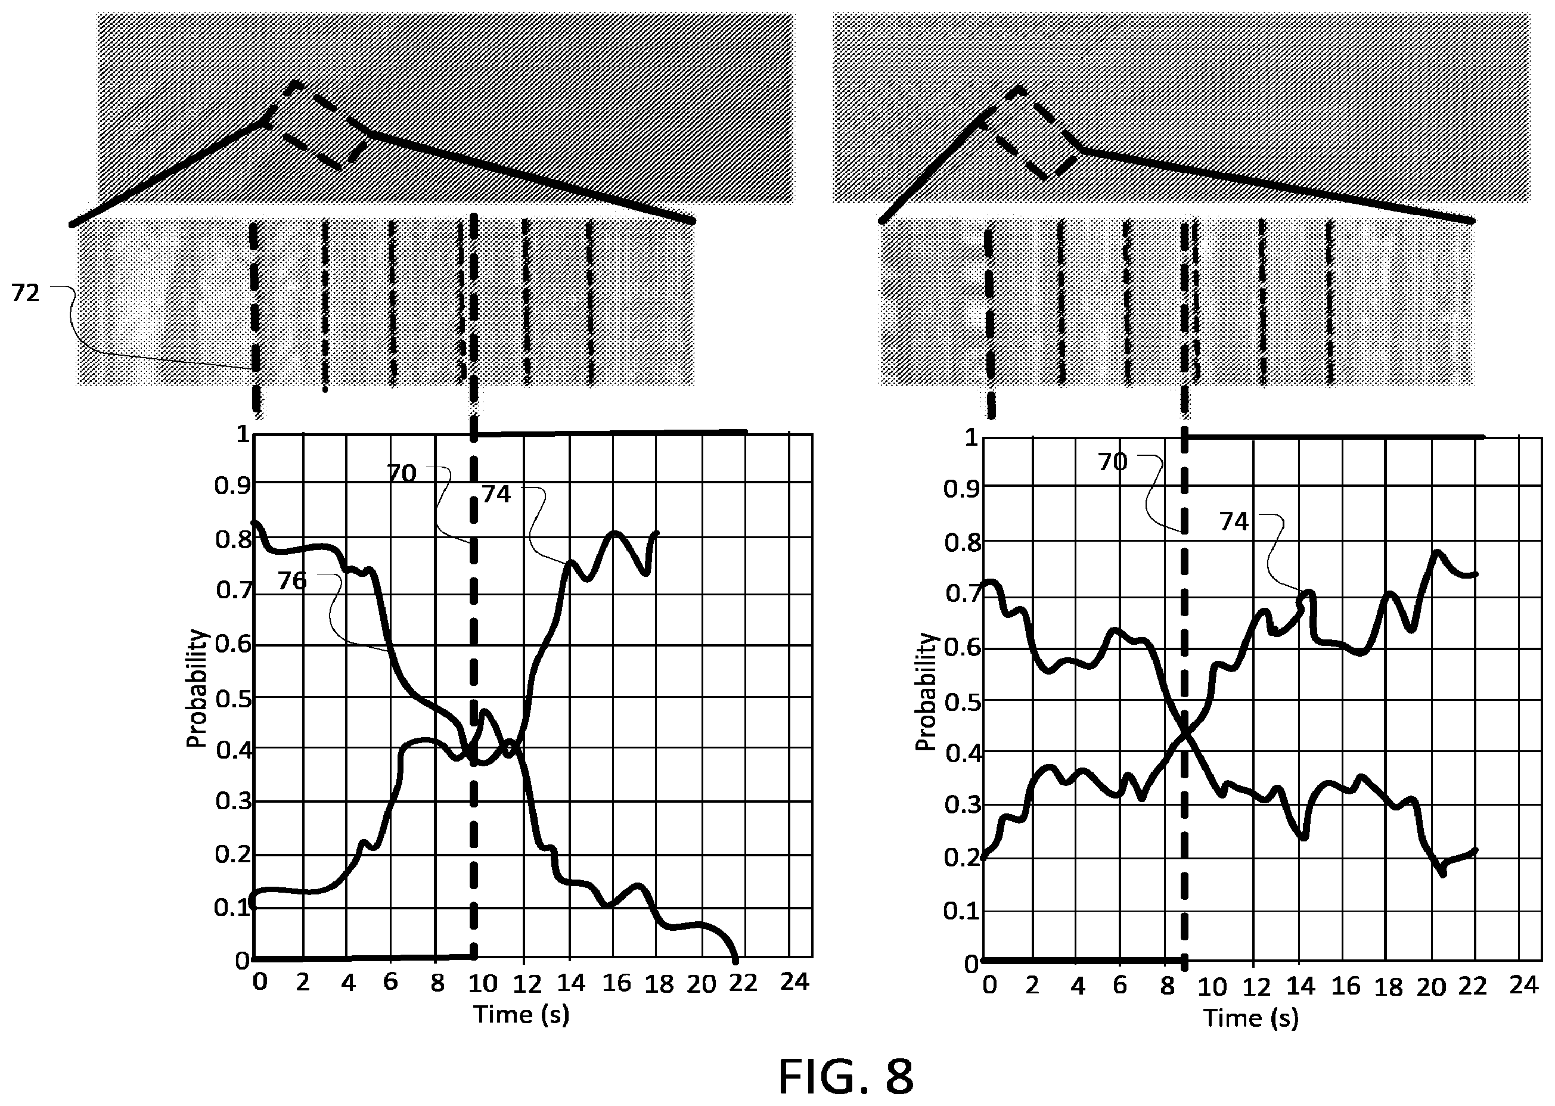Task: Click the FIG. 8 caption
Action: click(x=845, y=1077)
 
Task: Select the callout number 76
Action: click(x=292, y=580)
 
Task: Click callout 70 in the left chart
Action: click(x=402, y=473)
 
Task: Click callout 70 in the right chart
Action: click(x=1112, y=462)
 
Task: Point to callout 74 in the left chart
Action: click(x=496, y=494)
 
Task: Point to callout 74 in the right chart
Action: click(x=1234, y=521)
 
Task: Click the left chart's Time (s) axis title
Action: click(x=522, y=1014)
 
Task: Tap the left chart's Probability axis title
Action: click(x=196, y=688)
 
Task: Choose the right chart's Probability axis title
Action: click(x=926, y=692)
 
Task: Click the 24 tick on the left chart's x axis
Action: click(x=794, y=981)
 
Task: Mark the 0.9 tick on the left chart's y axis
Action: click(x=233, y=486)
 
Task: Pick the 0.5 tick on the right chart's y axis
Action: click(x=961, y=701)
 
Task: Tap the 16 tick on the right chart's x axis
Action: click(x=1346, y=986)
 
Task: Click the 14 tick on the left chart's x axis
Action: click(x=571, y=982)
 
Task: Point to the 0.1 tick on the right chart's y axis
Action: click(x=961, y=911)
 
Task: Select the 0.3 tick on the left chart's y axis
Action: click(x=233, y=801)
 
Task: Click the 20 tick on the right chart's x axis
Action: click(x=1431, y=986)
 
